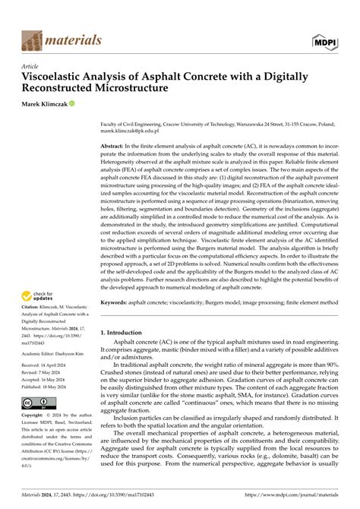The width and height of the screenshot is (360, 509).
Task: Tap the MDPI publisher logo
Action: [324, 39]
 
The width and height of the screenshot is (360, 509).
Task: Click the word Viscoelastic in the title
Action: [55, 77]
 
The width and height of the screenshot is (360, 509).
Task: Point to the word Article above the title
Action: [30, 66]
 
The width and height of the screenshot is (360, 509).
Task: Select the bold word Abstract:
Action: [116, 144]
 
